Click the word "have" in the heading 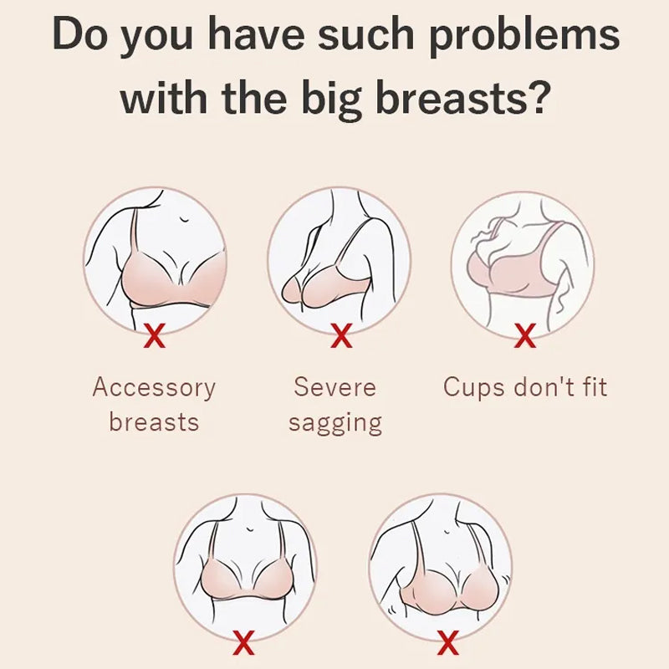coord(255,33)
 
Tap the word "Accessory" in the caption coord(154,388)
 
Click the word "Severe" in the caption coord(335,387)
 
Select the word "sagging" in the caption coord(335,424)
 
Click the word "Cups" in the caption coord(473,388)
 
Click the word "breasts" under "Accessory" coord(154,421)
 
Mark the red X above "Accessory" coord(155,336)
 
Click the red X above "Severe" coord(341,336)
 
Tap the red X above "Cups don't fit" coord(525,336)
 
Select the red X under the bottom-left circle coord(244,643)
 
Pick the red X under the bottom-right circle coord(448,643)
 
